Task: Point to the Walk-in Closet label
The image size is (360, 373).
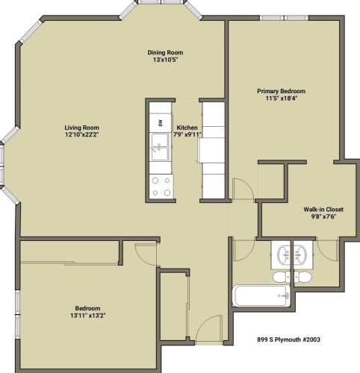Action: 318,210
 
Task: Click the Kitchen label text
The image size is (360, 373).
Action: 186,127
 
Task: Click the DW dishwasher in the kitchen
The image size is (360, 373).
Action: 159,122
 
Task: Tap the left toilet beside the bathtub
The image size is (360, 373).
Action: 279,277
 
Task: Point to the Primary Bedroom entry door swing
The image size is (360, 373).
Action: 242,189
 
